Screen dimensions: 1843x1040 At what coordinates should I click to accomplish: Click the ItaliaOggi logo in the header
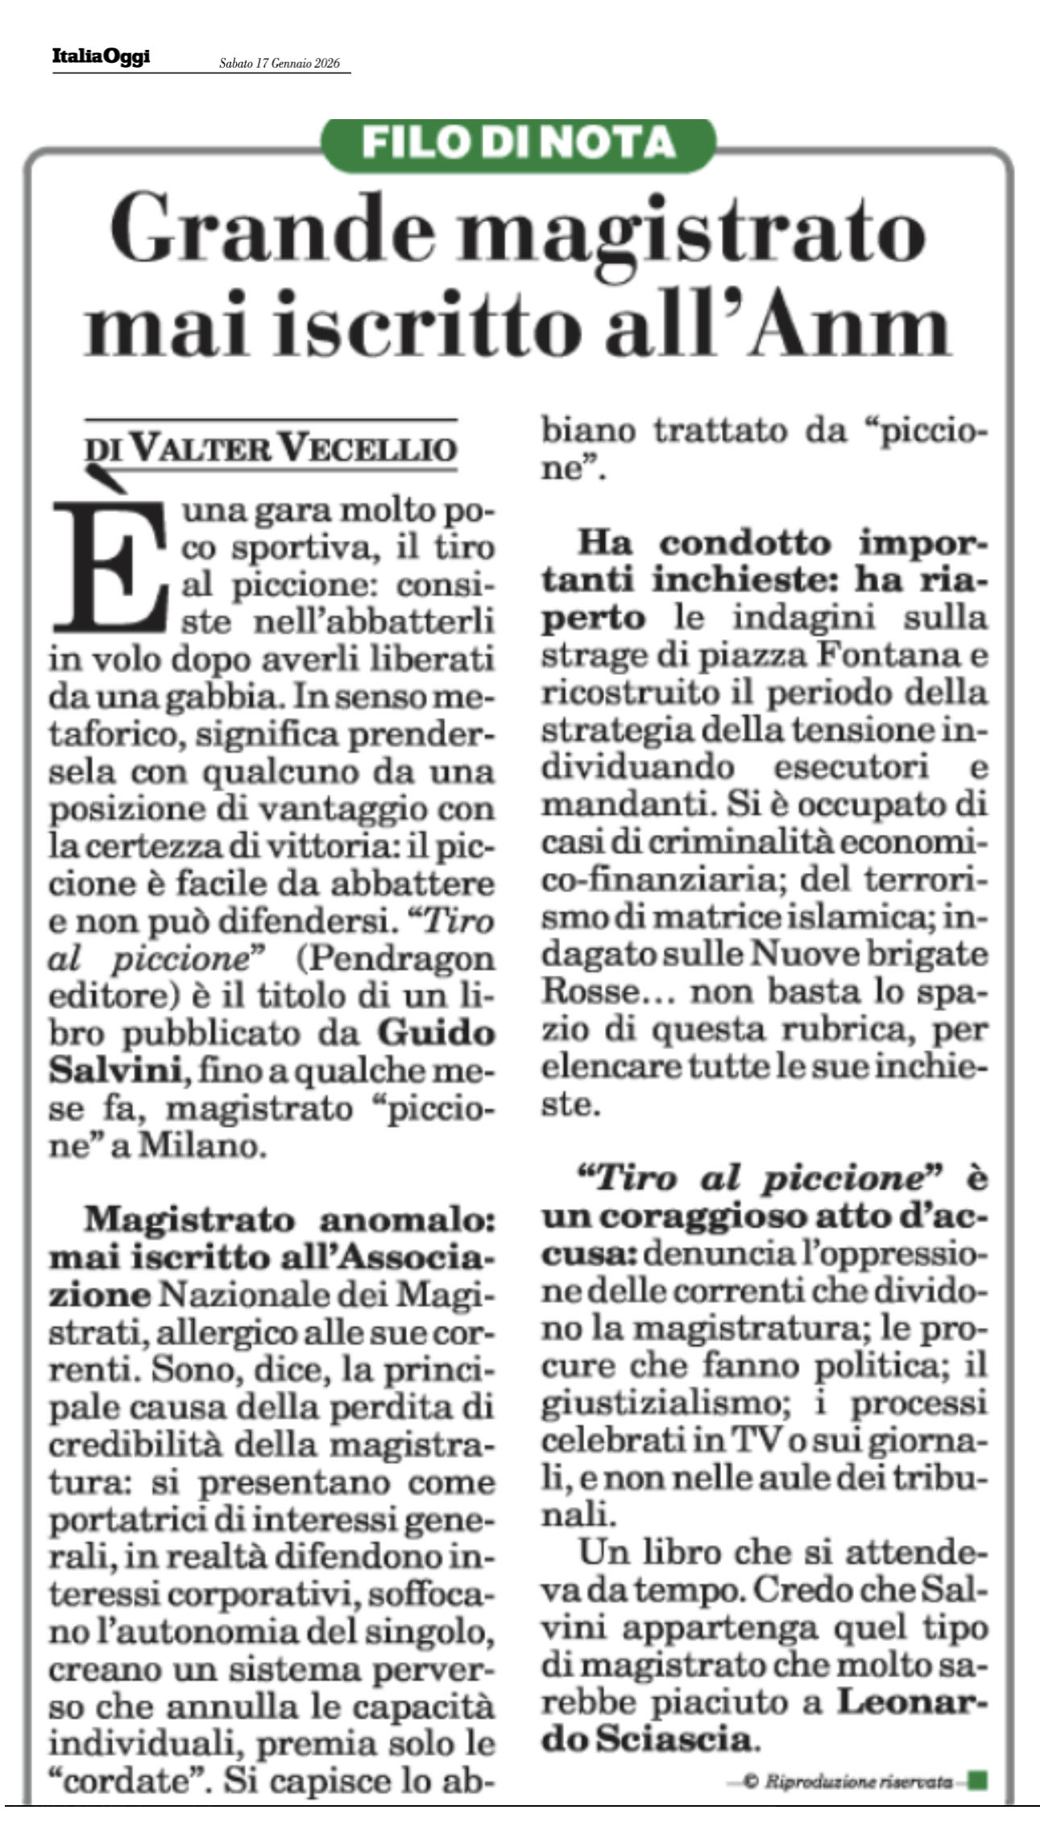click(x=101, y=57)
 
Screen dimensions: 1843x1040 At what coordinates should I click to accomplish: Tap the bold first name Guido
click(x=436, y=1033)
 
